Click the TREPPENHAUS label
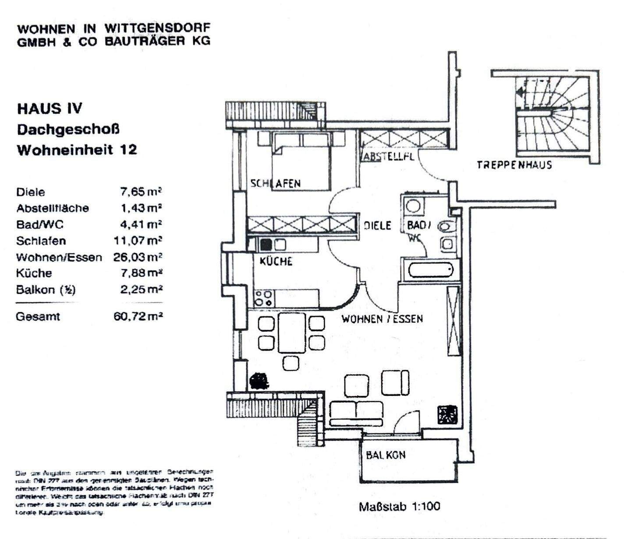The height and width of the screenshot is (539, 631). (x=514, y=165)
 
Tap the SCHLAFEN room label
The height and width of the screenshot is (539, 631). (x=276, y=183)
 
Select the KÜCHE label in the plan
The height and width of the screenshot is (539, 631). (x=276, y=261)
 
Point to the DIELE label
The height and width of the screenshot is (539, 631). (x=377, y=225)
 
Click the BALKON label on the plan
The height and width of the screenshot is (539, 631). (x=386, y=455)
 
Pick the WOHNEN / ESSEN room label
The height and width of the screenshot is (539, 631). (x=382, y=319)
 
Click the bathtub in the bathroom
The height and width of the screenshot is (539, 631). (x=431, y=270)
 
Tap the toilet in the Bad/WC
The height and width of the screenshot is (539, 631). (x=447, y=227)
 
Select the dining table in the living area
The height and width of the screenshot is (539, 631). (x=291, y=333)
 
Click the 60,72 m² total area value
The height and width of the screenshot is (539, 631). (x=138, y=316)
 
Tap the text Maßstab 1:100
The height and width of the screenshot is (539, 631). (x=399, y=507)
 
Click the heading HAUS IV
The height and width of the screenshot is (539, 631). (x=50, y=108)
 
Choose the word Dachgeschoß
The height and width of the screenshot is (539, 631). (x=68, y=129)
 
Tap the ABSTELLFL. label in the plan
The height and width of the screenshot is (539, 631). (x=387, y=156)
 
